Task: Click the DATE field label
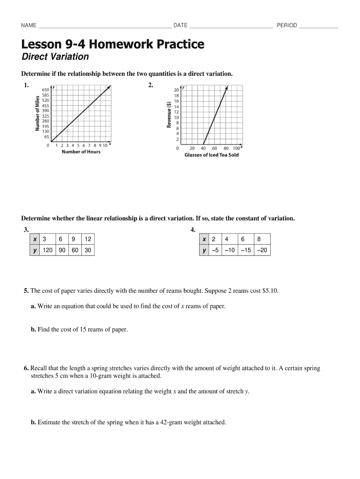coord(180,25)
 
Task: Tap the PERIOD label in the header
coord(287,25)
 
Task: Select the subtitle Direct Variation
coord(55,57)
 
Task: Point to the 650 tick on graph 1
coord(46,89)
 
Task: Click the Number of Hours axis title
coord(81,152)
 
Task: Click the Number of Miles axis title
coord(37,114)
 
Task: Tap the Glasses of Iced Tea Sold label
coord(211,155)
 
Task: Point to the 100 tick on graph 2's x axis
coord(236,148)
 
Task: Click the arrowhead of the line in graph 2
coord(227,87)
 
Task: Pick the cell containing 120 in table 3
coord(48,250)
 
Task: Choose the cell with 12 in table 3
coord(87,239)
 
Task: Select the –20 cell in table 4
coord(263,250)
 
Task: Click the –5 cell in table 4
coord(215,250)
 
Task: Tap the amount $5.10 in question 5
coord(269,290)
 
